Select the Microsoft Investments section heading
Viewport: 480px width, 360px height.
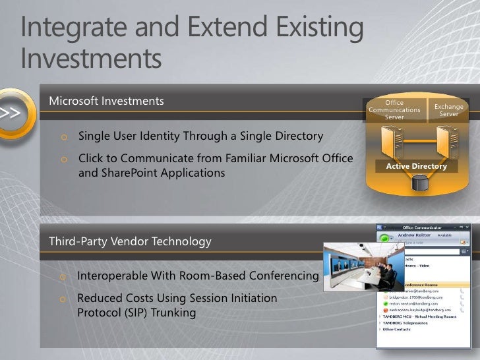pos(106,101)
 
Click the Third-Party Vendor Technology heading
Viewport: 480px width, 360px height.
pos(130,241)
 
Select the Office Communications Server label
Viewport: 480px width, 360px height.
pos(394,110)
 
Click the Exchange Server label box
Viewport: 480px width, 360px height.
pos(448,110)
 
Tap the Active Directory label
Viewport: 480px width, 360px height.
pos(416,166)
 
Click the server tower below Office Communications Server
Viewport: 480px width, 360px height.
pos(390,141)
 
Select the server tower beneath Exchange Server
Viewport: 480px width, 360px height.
pos(446,141)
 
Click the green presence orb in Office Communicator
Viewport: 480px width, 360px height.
pos(384,237)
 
